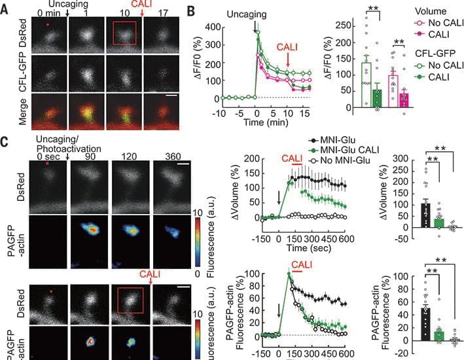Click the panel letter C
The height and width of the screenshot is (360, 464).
point(6,141)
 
